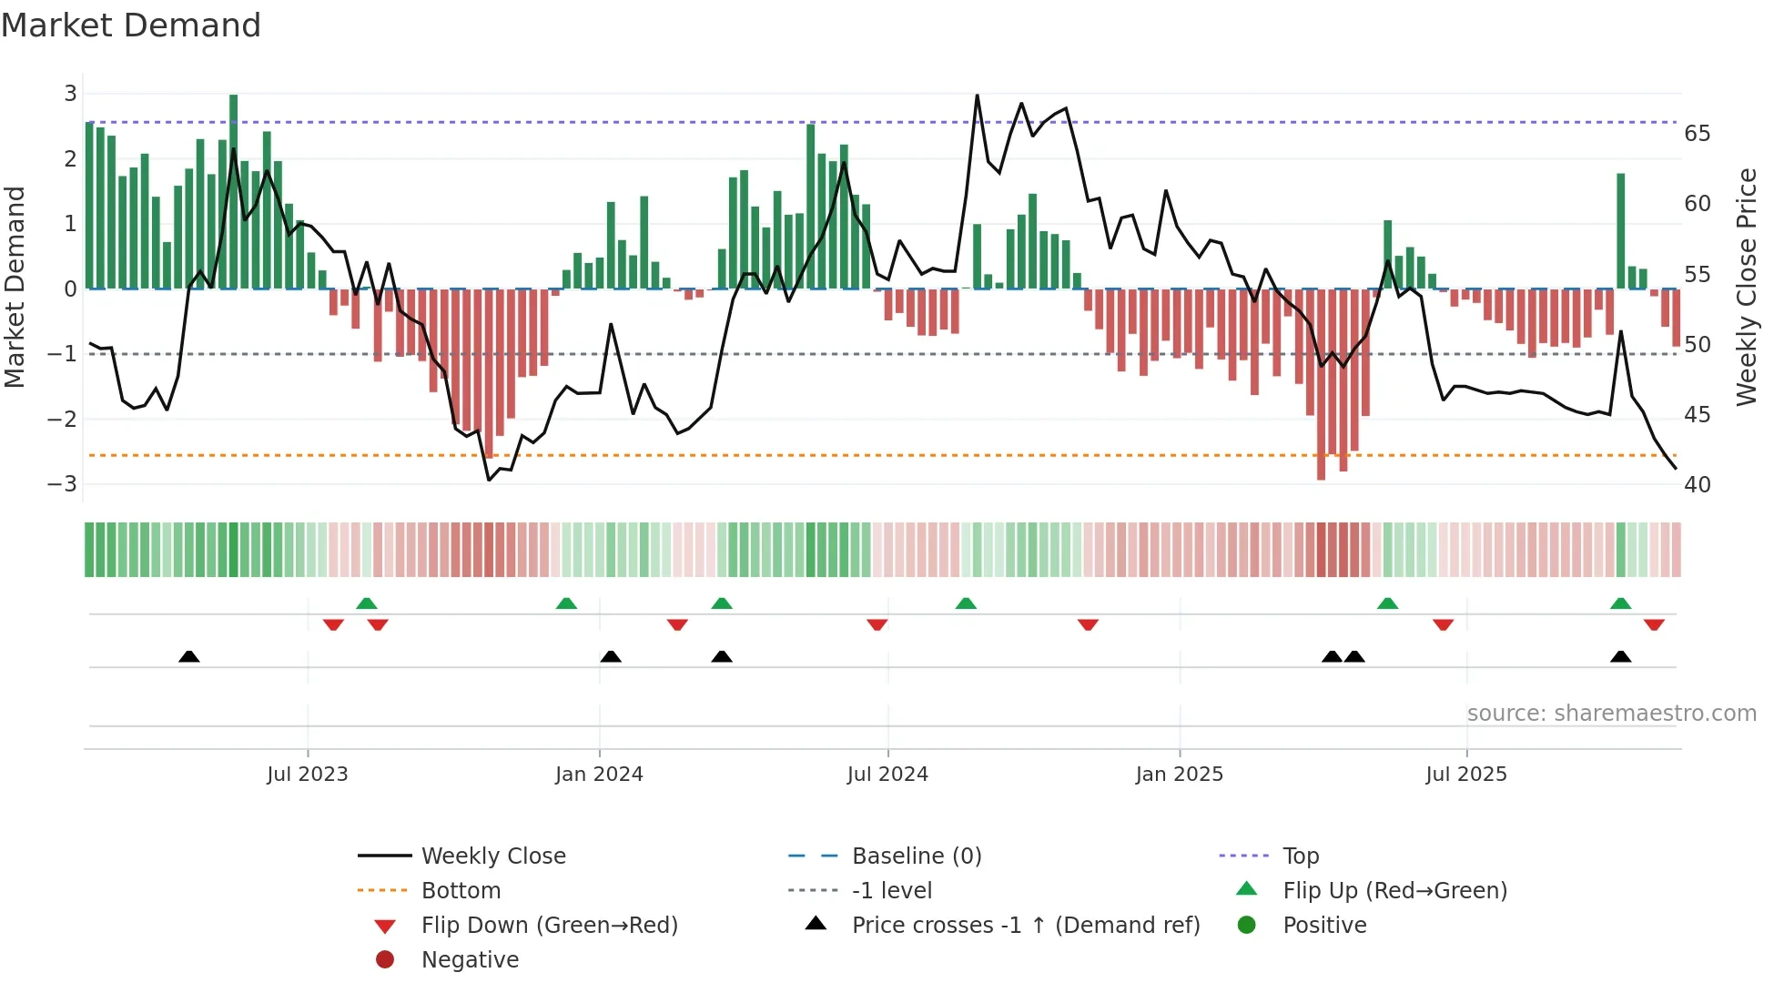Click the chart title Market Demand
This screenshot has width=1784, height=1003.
click(131, 25)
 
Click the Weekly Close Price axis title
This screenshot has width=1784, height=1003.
click(1746, 288)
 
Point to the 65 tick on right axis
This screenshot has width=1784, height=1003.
click(1697, 134)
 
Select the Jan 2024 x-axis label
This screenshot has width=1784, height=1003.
click(599, 775)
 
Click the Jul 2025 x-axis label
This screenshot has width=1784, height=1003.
click(1465, 775)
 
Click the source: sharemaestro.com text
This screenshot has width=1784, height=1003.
click(1611, 714)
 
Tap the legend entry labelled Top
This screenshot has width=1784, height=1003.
click(1300, 856)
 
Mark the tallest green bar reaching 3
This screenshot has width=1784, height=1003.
click(234, 191)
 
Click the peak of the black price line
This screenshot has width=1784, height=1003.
click(977, 96)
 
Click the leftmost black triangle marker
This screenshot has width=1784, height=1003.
click(189, 656)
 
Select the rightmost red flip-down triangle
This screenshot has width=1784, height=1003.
click(1654, 624)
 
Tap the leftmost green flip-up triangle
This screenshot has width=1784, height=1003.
click(366, 603)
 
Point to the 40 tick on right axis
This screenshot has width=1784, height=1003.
click(1697, 485)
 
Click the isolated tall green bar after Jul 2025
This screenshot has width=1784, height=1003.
click(1620, 231)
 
